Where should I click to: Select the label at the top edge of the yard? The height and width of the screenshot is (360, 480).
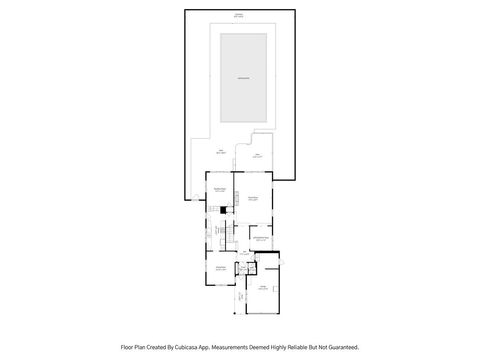tap(239, 14)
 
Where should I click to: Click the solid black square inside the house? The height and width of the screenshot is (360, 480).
tap(222, 210)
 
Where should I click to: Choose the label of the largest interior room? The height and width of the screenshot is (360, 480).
tap(253, 198)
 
